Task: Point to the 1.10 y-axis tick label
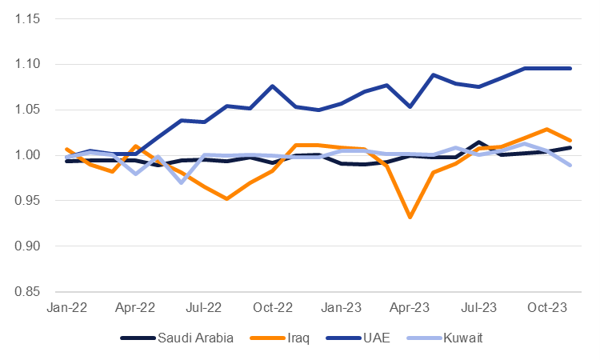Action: (26, 65)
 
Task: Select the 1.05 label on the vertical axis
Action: (26, 110)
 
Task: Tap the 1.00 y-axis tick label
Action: (26, 155)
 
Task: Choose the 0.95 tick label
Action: (26, 201)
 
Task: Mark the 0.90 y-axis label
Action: (26, 246)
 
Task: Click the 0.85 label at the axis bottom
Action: (26, 292)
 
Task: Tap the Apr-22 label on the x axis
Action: (135, 307)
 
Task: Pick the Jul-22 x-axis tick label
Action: (204, 307)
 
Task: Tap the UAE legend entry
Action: (362, 338)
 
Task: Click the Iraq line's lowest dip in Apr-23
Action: (410, 217)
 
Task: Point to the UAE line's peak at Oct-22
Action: (273, 86)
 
